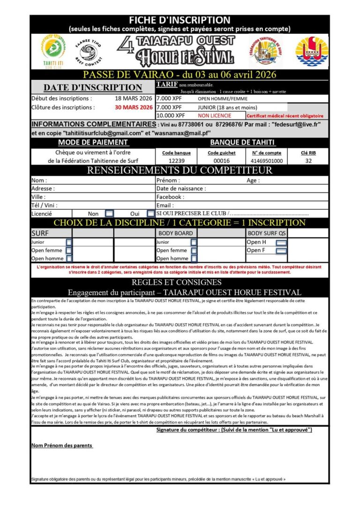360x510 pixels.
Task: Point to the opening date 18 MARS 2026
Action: pos(134,99)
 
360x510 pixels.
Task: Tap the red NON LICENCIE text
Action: pos(214,115)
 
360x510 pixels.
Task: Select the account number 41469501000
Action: pos(267,160)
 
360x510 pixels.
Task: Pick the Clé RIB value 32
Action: pos(308,160)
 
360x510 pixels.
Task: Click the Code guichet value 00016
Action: pos(220,160)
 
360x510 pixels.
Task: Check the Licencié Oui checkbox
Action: pos(150,213)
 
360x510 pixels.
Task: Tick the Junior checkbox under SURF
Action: pos(69,243)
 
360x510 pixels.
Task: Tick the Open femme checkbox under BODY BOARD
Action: pos(194,251)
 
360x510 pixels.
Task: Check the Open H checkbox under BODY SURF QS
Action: pos(281,243)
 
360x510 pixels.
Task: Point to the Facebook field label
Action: pos(170,197)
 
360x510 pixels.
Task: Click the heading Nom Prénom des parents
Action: pos(62,445)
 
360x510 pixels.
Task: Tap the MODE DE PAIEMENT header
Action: pos(92,142)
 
